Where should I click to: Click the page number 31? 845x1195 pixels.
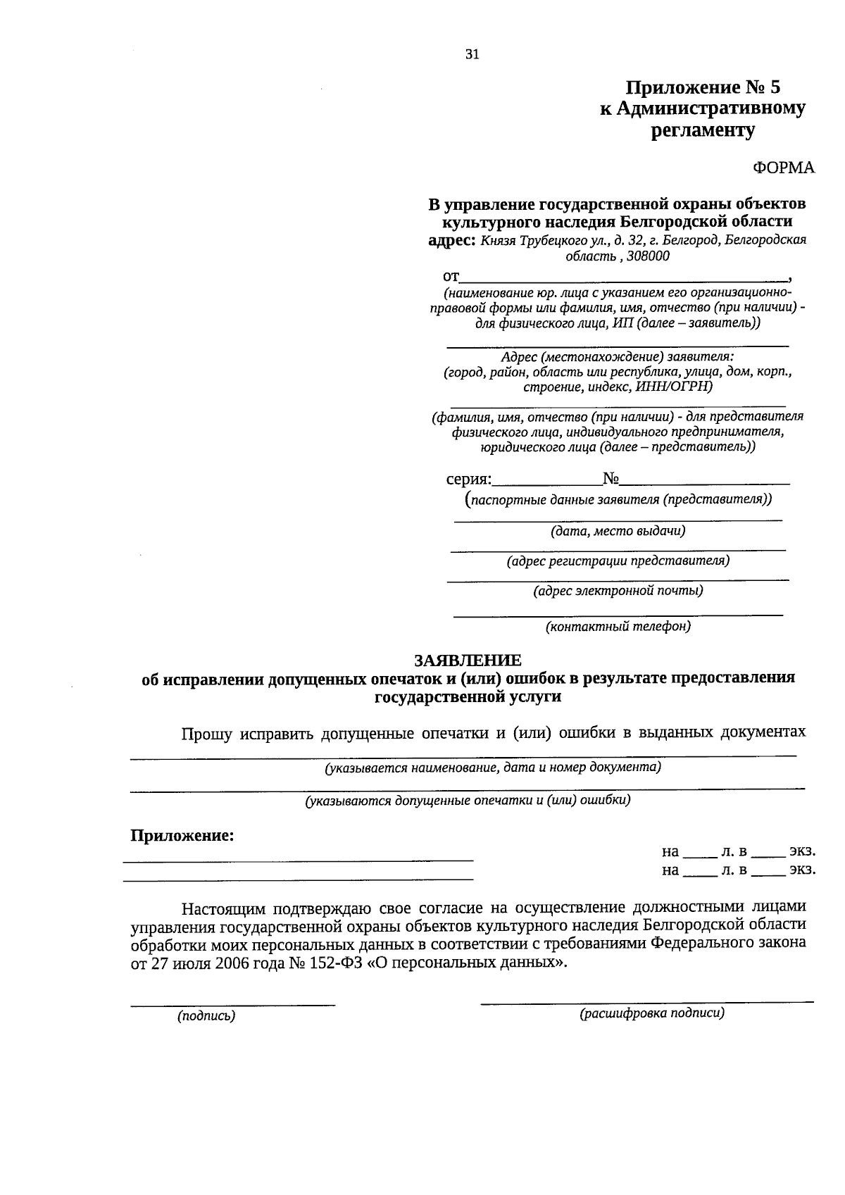472,55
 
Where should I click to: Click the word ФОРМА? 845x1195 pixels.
783,168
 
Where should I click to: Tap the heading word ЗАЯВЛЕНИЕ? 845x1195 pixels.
468,660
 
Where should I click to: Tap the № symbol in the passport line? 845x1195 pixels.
611,480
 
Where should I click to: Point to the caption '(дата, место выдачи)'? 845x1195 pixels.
618,531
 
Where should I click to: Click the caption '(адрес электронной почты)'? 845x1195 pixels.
618,591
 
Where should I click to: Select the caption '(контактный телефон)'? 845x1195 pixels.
618,625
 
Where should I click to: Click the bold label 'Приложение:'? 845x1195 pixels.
182,836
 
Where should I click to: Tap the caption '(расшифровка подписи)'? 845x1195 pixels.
651,1013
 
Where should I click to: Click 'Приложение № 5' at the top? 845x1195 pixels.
703,88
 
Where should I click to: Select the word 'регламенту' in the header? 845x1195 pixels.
702,130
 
